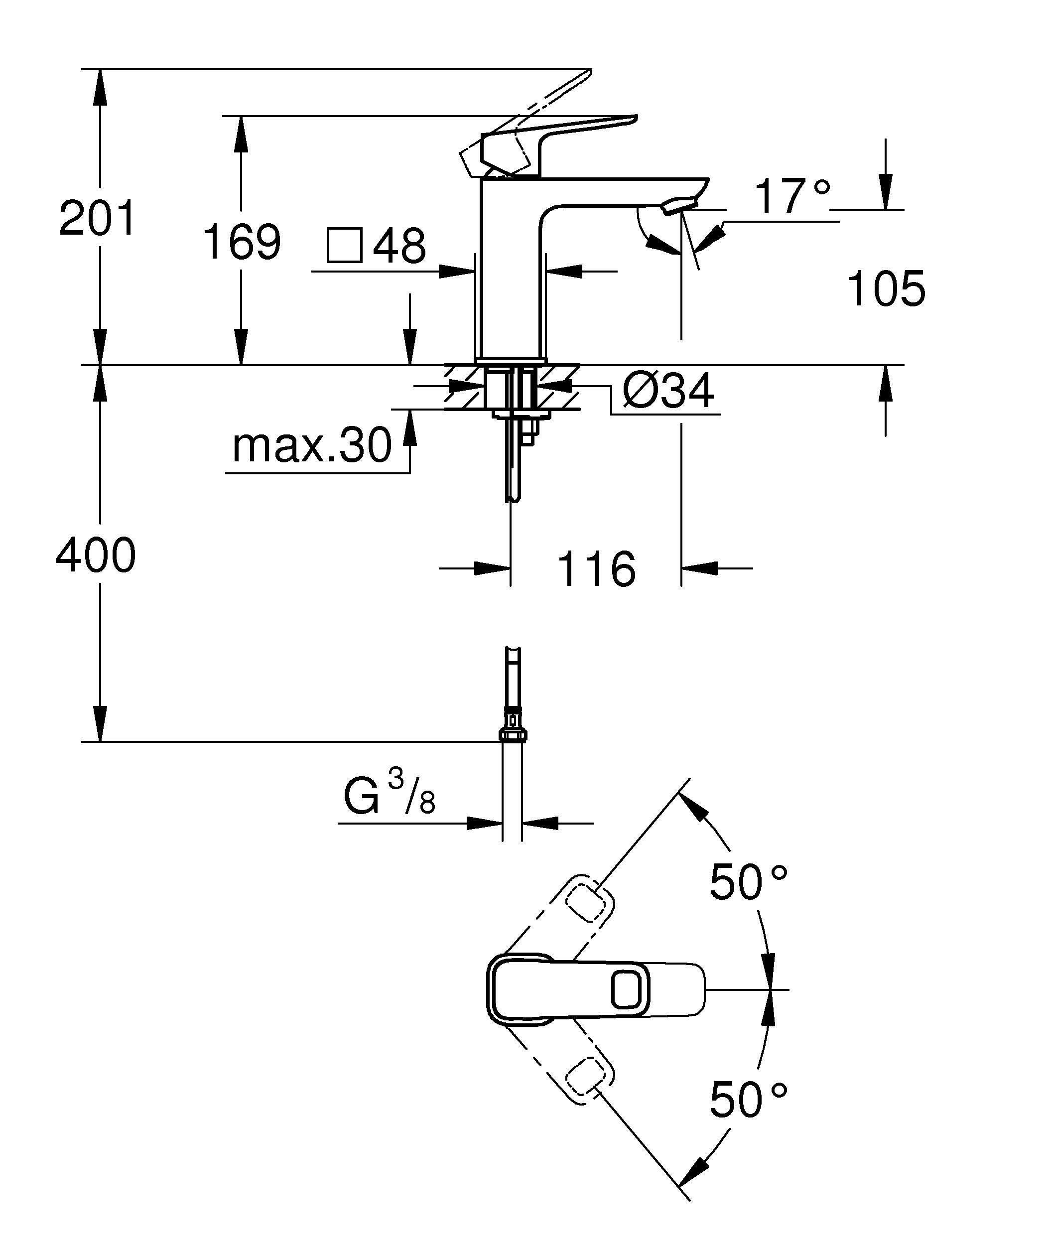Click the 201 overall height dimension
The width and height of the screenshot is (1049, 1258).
(98, 219)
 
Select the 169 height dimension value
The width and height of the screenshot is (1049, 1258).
(241, 242)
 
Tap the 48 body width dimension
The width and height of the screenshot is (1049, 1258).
(399, 245)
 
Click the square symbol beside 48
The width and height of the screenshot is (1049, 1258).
(344, 245)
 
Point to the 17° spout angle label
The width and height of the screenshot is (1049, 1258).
(791, 196)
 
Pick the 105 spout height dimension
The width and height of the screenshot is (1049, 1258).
(886, 289)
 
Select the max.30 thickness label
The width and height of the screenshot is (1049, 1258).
(311, 446)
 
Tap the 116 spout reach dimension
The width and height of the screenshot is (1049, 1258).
(596, 568)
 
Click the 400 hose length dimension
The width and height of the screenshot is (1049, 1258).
(96, 556)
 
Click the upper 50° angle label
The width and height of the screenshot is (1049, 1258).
(749, 882)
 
